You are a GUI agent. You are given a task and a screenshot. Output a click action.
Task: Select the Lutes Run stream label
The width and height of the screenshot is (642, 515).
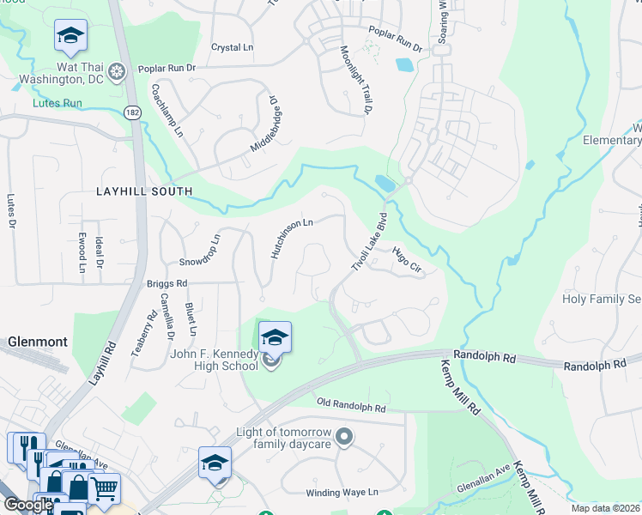click(58, 103)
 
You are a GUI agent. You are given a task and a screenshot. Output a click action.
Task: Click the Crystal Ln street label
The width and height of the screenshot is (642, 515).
click(233, 48)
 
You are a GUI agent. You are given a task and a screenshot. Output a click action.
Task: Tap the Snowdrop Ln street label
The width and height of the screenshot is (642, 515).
click(200, 248)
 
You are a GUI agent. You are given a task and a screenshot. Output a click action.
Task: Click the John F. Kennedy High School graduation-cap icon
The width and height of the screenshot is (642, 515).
click(275, 337)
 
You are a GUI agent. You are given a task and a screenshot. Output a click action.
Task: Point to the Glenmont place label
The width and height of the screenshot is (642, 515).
click(38, 342)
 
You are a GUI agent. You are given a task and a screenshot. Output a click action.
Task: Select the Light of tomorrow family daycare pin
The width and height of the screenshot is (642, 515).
click(344, 438)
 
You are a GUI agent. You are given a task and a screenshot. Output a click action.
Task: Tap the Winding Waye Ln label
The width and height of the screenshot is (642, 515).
click(342, 493)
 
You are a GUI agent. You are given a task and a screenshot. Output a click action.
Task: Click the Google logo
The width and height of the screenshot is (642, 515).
click(28, 505)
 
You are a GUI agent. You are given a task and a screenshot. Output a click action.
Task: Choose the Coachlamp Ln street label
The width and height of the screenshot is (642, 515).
click(167, 111)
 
